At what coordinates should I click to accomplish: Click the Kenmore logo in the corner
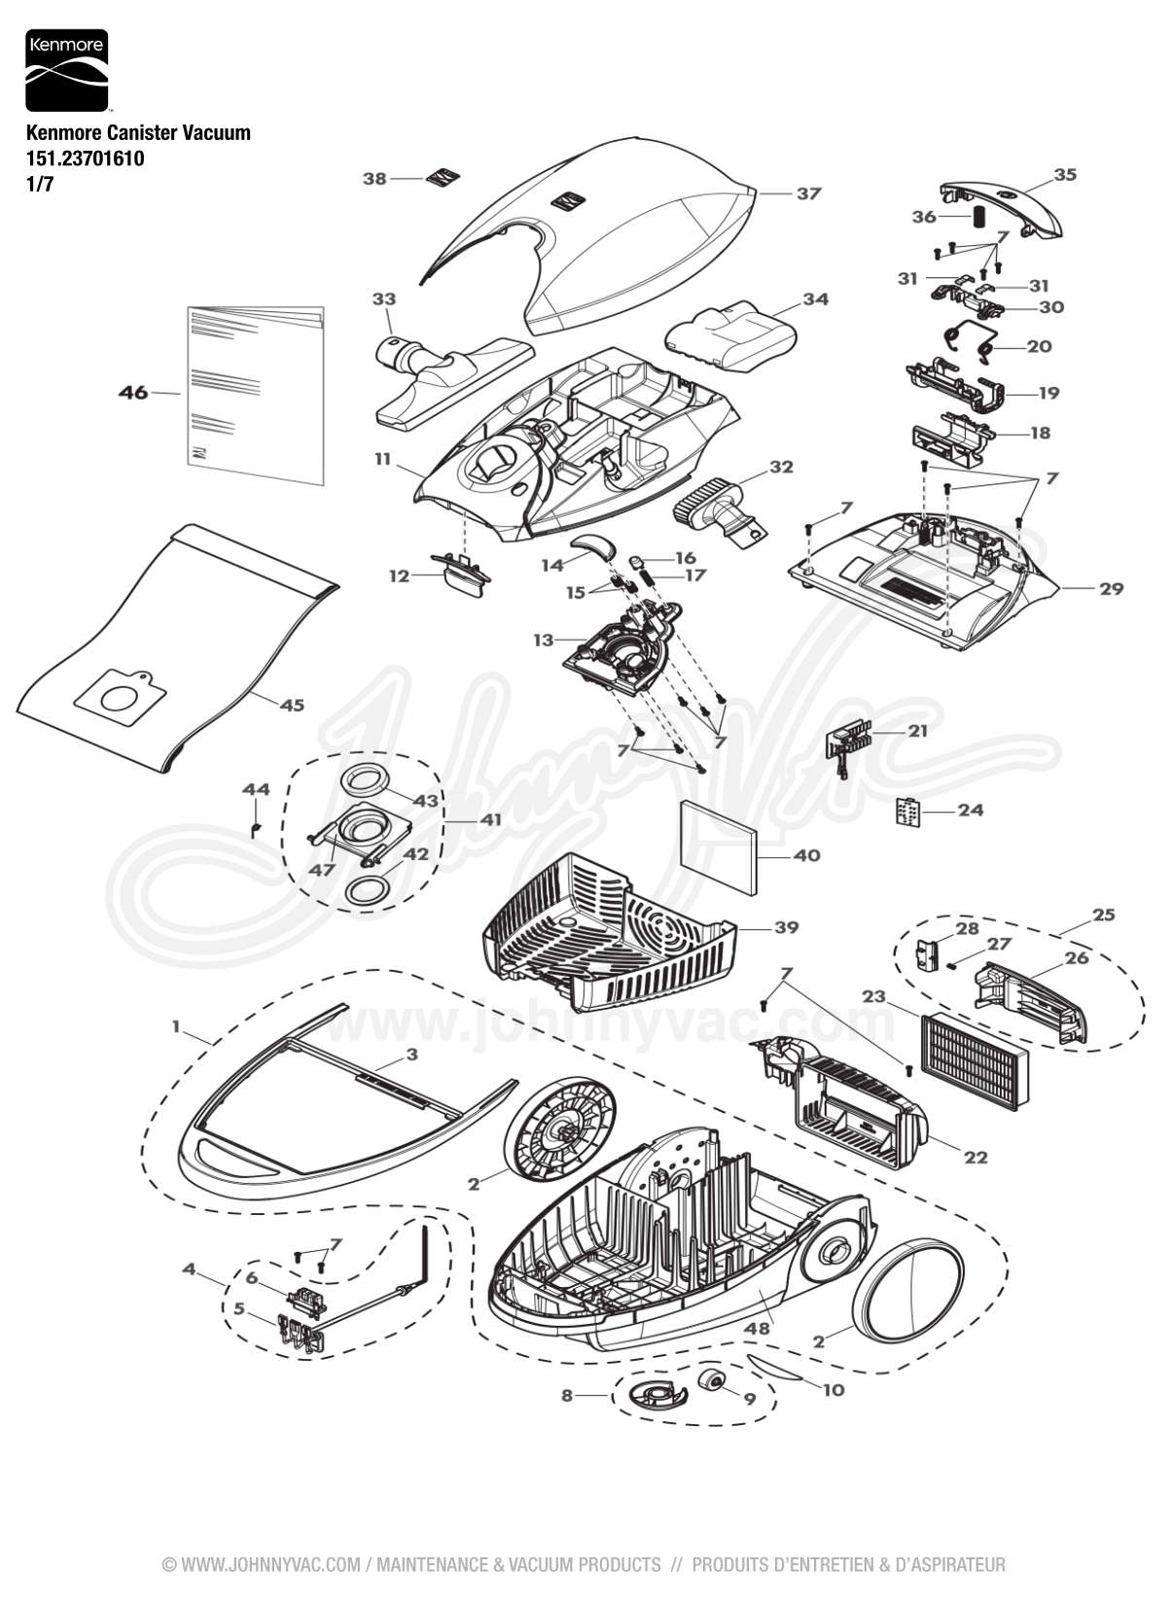(65, 70)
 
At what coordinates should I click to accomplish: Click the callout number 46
(133, 392)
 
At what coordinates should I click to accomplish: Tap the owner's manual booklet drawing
(255, 394)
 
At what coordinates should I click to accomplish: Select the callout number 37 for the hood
(809, 194)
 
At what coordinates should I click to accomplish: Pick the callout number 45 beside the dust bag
(292, 705)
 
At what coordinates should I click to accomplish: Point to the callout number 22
(975, 1157)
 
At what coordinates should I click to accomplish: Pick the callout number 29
(1111, 588)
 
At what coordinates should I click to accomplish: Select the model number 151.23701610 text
(87, 158)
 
